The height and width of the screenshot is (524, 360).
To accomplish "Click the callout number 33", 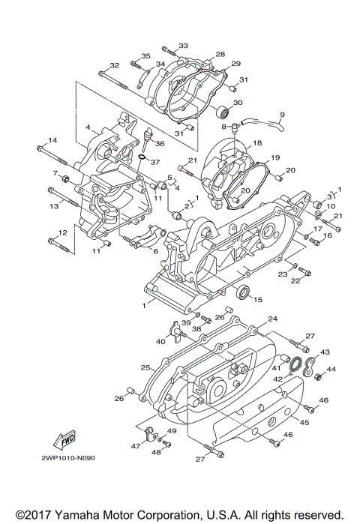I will pyautogui.click(x=184, y=46).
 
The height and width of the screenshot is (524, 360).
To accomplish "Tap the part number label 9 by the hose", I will pyautogui.click(x=282, y=115).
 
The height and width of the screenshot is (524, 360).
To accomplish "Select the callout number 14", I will pyautogui.click(x=53, y=140).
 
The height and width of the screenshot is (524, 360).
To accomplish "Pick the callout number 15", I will pyautogui.click(x=258, y=300).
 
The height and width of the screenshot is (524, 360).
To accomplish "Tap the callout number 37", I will pyautogui.click(x=156, y=162).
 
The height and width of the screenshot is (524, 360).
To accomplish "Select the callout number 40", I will pyautogui.click(x=161, y=342).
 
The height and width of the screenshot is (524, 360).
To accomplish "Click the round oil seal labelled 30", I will pyautogui.click(x=222, y=114).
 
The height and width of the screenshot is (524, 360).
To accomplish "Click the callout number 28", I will pyautogui.click(x=220, y=55).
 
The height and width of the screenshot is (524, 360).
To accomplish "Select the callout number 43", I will pyautogui.click(x=325, y=352).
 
